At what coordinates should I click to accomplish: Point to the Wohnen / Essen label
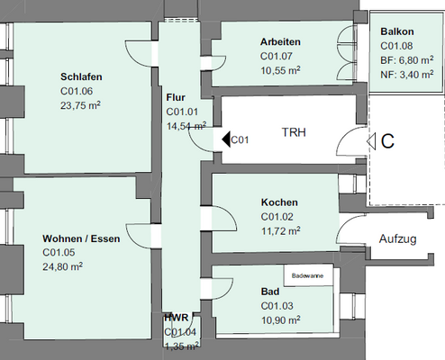[x=80, y=238]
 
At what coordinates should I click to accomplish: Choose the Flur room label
[x=176, y=97]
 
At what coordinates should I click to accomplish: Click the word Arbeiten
[x=280, y=42]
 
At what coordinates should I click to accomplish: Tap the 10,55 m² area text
[x=280, y=68]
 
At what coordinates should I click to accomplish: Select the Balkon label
[x=397, y=30]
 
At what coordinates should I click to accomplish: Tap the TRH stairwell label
[x=294, y=132]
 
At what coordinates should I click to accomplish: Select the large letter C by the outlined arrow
[x=387, y=140]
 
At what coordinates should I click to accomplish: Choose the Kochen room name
[x=279, y=203]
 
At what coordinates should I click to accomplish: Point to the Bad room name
[x=270, y=293]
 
